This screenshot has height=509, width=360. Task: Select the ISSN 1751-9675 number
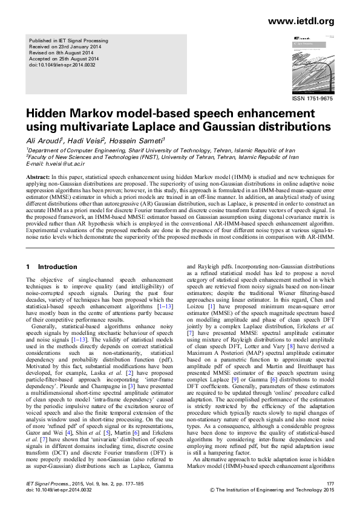[x=313, y=98]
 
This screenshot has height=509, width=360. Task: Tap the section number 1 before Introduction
[x=28, y=267]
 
